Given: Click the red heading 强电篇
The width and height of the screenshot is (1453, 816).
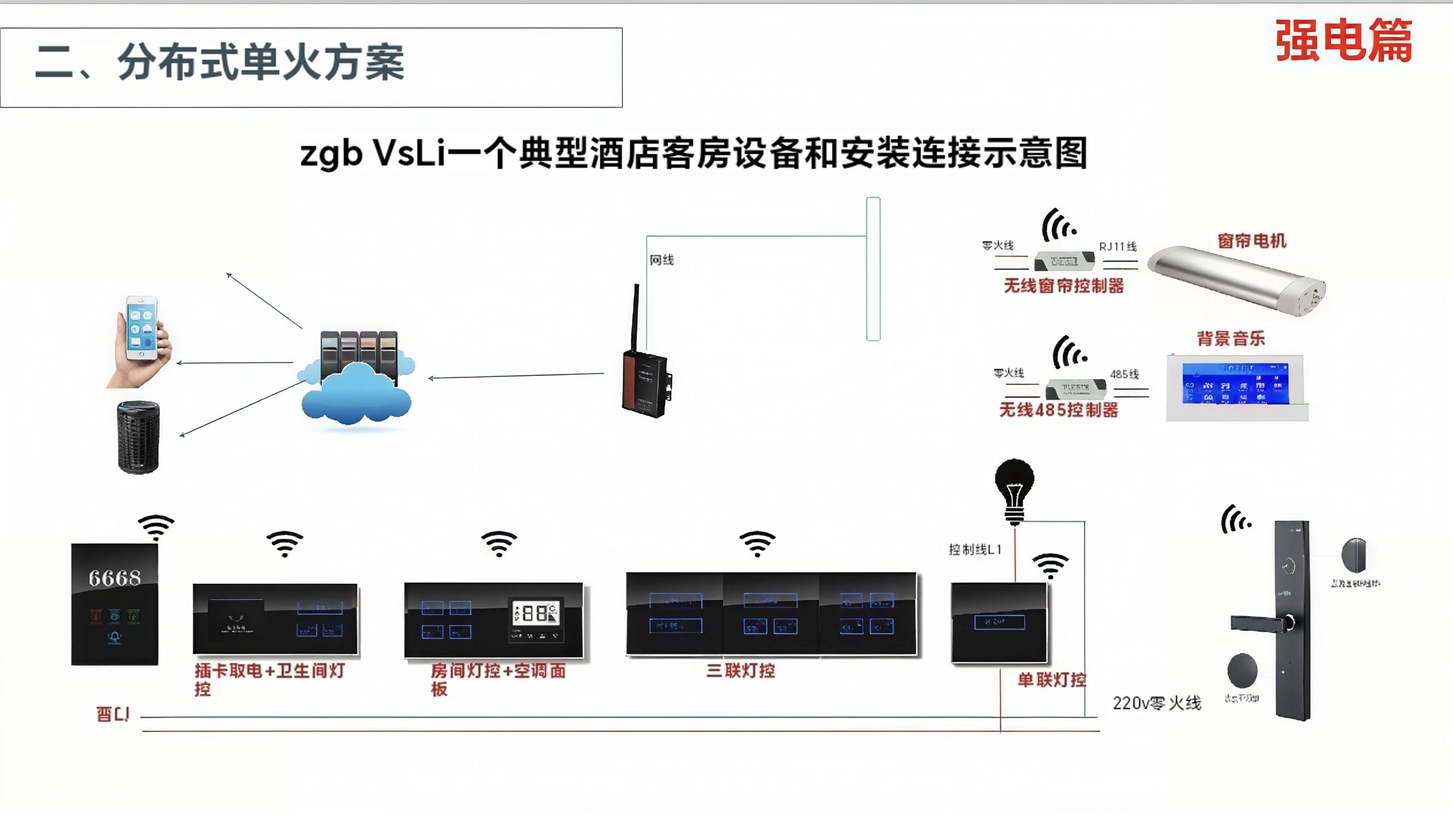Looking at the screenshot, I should point(1343,40).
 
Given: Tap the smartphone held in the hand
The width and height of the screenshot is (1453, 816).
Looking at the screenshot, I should point(141,328).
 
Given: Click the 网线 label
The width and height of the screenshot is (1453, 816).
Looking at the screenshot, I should point(662,260).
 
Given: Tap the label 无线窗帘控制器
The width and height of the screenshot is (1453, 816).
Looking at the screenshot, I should point(1063,286).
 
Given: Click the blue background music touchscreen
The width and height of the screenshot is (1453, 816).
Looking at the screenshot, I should point(1235,384).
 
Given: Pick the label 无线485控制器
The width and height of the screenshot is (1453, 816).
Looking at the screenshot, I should point(1059,410).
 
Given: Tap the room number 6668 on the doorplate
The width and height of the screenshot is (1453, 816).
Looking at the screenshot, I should point(114,578).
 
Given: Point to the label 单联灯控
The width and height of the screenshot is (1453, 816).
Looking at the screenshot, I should point(1052,680).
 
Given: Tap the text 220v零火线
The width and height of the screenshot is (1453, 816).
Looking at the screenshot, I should point(1156,703).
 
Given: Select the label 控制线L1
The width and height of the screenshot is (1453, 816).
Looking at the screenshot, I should point(975,550).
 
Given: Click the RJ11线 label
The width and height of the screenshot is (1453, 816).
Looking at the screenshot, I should point(1118,247).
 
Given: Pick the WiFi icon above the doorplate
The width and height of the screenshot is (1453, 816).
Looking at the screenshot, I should point(156,526).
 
